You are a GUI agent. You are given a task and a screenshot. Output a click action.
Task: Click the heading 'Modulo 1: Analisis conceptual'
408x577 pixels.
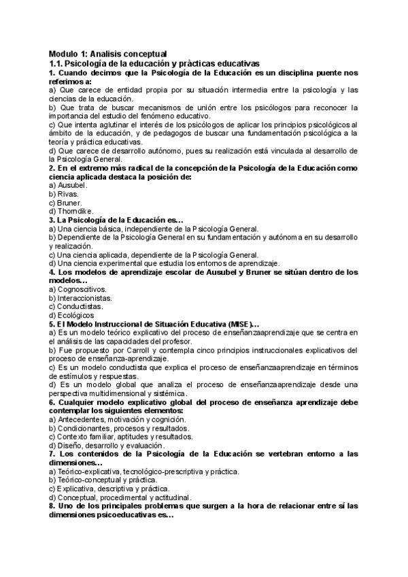coord(108,54)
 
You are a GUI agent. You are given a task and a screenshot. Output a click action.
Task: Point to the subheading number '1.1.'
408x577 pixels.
coord(56,63)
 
